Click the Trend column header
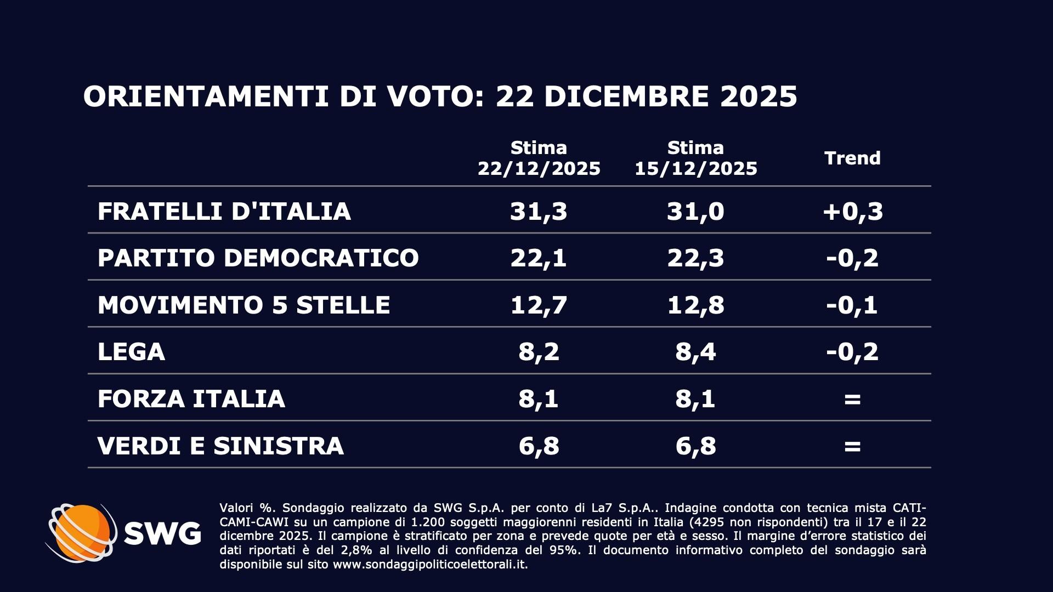[852, 158]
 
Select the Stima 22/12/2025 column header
[539, 158]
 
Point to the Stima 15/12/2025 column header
[695, 158]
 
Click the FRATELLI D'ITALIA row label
[224, 211]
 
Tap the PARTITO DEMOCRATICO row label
[258, 258]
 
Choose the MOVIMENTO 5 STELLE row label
[244, 305]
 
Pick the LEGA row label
[131, 351]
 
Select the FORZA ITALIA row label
[191, 399]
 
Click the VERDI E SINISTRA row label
[220, 446]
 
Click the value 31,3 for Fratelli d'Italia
[539, 211]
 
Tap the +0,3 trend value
[852, 211]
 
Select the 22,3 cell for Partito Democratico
[695, 258]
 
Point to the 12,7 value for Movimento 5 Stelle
[539, 305]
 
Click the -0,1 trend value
[852, 305]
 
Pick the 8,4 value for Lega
[695, 351]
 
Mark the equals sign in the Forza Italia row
[852, 399]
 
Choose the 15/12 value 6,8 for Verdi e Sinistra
[695, 446]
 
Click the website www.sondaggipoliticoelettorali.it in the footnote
[430, 565]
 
